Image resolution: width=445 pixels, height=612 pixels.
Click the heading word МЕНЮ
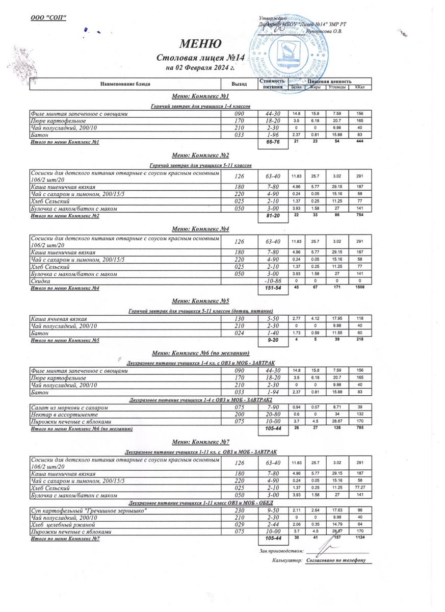200,44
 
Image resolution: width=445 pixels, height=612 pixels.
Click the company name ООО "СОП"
49,18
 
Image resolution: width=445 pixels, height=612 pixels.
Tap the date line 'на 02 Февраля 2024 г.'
200,67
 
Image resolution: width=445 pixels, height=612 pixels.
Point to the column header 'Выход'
239,84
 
